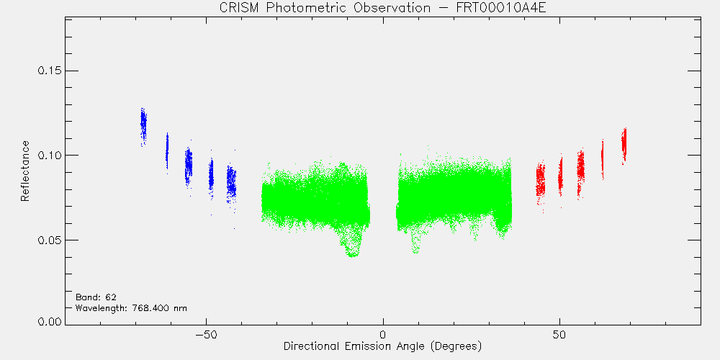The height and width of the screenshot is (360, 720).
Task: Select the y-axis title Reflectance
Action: pyautogui.click(x=24, y=171)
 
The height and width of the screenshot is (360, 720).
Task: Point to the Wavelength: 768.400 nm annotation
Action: pyautogui.click(x=131, y=307)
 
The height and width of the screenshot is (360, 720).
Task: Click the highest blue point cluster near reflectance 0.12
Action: pyautogui.click(x=143, y=126)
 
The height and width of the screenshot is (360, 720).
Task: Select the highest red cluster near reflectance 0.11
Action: pyautogui.click(x=624, y=143)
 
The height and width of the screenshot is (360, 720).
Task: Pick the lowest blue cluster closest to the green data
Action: pyautogui.click(x=231, y=184)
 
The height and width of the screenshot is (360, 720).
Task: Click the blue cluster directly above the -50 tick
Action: pyautogui.click(x=211, y=177)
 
